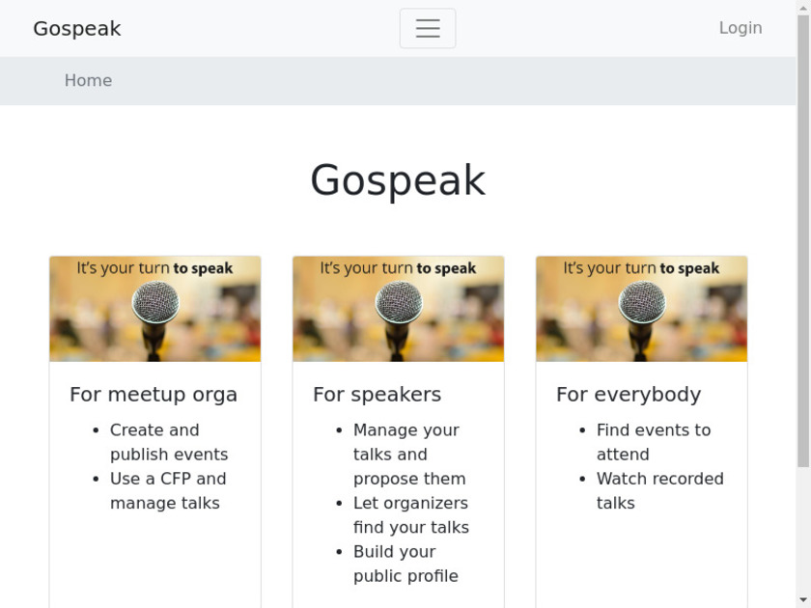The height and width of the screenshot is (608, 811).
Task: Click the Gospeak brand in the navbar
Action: tap(77, 28)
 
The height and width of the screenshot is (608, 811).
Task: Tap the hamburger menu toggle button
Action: tap(428, 28)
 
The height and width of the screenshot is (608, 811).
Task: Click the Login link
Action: tap(741, 28)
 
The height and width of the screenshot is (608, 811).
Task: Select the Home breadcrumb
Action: tap(88, 80)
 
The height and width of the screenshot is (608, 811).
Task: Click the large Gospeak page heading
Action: tap(398, 180)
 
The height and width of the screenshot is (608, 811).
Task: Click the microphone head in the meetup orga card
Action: tap(155, 302)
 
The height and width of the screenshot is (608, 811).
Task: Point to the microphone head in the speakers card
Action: tap(399, 302)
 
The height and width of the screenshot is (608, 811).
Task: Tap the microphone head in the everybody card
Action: tap(642, 302)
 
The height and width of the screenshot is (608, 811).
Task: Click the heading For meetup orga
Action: tap(154, 394)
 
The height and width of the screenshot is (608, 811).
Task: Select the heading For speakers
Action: tap(378, 394)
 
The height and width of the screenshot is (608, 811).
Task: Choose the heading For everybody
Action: tap(629, 394)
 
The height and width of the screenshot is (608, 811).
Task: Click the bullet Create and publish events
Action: tap(169, 442)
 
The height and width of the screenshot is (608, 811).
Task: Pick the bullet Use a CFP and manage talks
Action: tap(168, 490)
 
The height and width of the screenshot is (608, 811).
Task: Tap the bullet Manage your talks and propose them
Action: tap(409, 454)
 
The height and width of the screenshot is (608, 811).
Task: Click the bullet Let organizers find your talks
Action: tap(411, 515)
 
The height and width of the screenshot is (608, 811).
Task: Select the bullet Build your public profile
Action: tap(406, 564)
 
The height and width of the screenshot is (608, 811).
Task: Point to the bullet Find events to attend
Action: tap(654, 442)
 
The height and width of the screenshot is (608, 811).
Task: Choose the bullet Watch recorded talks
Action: tap(660, 490)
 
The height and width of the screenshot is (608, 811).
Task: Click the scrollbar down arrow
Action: tap(803, 600)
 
